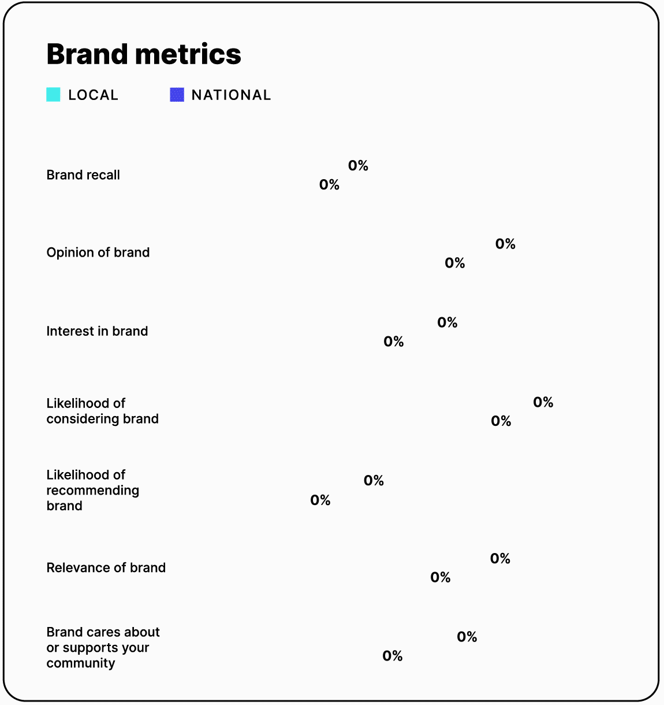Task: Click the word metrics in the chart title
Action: pyautogui.click(x=188, y=54)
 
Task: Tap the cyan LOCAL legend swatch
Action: pyautogui.click(x=53, y=95)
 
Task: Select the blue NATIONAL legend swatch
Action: pyautogui.click(x=177, y=95)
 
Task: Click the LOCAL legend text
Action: pyautogui.click(x=93, y=95)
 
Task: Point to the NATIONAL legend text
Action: pyautogui.click(x=231, y=95)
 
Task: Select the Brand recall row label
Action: pyautogui.click(x=83, y=175)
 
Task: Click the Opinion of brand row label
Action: pyautogui.click(x=98, y=253)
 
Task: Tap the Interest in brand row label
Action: pyautogui.click(x=97, y=331)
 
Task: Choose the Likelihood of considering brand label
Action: pyautogui.click(x=102, y=411)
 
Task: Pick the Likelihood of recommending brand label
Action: pyautogui.click(x=92, y=490)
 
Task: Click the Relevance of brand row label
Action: pyautogui.click(x=106, y=567)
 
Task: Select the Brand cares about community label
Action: pyautogui.click(x=103, y=647)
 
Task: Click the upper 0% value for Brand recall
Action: pyautogui.click(x=358, y=166)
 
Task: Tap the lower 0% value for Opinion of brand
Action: pyautogui.click(x=455, y=263)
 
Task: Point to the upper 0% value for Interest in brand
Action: pyautogui.click(x=447, y=322)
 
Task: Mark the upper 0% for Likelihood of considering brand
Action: pyautogui.click(x=543, y=402)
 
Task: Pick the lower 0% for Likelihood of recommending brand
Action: pyautogui.click(x=320, y=500)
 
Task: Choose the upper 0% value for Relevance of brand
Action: pyautogui.click(x=500, y=558)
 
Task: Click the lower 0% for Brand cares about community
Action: pyautogui.click(x=393, y=656)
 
